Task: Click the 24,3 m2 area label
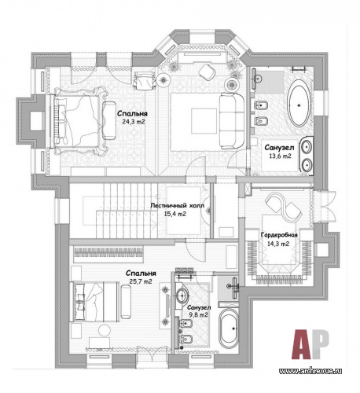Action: click(x=134, y=122)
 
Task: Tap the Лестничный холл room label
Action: click(x=177, y=206)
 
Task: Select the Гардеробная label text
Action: click(x=279, y=235)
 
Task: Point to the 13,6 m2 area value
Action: click(x=280, y=156)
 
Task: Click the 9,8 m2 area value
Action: click(x=198, y=314)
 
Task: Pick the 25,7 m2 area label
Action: click(x=141, y=281)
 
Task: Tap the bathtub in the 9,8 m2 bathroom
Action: click(x=229, y=329)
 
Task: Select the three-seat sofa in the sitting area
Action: click(x=232, y=121)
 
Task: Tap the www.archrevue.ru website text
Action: click(x=310, y=371)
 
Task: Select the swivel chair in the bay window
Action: click(x=207, y=72)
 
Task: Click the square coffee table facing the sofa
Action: click(x=204, y=121)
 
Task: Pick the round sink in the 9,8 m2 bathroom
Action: click(x=182, y=296)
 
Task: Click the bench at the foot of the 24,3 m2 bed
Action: click(x=109, y=120)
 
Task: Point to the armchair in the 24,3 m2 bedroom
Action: click(x=143, y=80)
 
